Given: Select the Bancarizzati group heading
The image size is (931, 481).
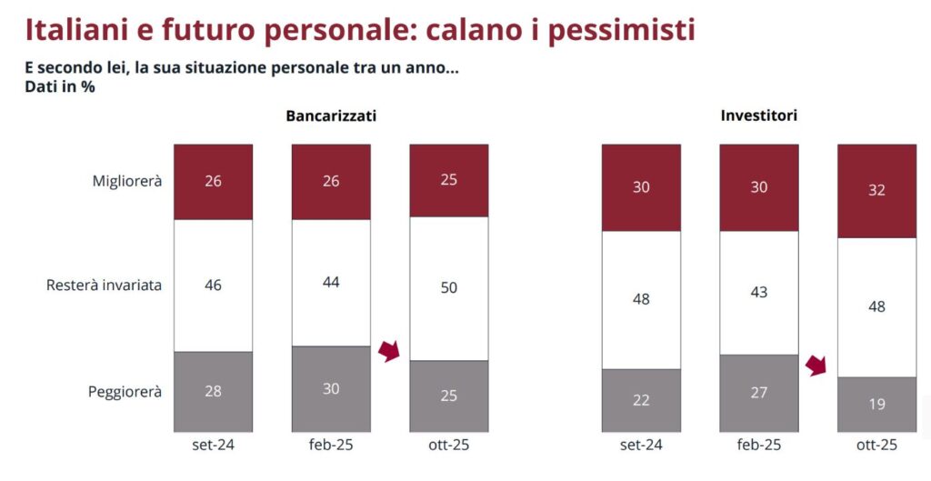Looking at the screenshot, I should point(331,116).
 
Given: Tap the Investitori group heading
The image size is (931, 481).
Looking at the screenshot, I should point(759,116).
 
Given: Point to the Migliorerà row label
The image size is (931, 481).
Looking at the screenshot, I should point(127,181).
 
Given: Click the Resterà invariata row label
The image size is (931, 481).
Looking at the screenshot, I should point(104,285).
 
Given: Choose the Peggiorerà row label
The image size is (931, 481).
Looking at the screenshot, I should point(125,392).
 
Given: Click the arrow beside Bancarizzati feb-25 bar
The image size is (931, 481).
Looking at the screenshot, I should point(389,351).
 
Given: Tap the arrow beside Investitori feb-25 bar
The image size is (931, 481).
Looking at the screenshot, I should point(816,366).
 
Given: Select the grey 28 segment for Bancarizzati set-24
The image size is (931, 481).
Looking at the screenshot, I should point(214,392).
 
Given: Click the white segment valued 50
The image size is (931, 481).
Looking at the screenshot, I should point(449,289).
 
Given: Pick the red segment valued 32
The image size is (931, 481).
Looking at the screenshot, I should point(876,191).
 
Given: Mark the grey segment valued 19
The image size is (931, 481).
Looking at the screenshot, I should point(876,404).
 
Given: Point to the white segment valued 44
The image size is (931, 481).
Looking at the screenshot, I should point(331,282).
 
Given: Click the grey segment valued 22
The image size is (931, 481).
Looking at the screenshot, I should point(641,400).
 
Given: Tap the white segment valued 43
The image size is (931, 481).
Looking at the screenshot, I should point(759,292).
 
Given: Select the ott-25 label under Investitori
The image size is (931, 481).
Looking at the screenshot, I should point(876,445).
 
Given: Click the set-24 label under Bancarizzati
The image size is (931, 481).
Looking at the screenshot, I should point(214,445).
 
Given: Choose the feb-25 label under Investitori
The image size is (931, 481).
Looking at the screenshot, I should point(759,445).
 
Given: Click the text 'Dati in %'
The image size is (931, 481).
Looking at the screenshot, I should point(60,86).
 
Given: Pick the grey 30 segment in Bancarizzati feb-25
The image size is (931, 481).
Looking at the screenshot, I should point(331,388).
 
